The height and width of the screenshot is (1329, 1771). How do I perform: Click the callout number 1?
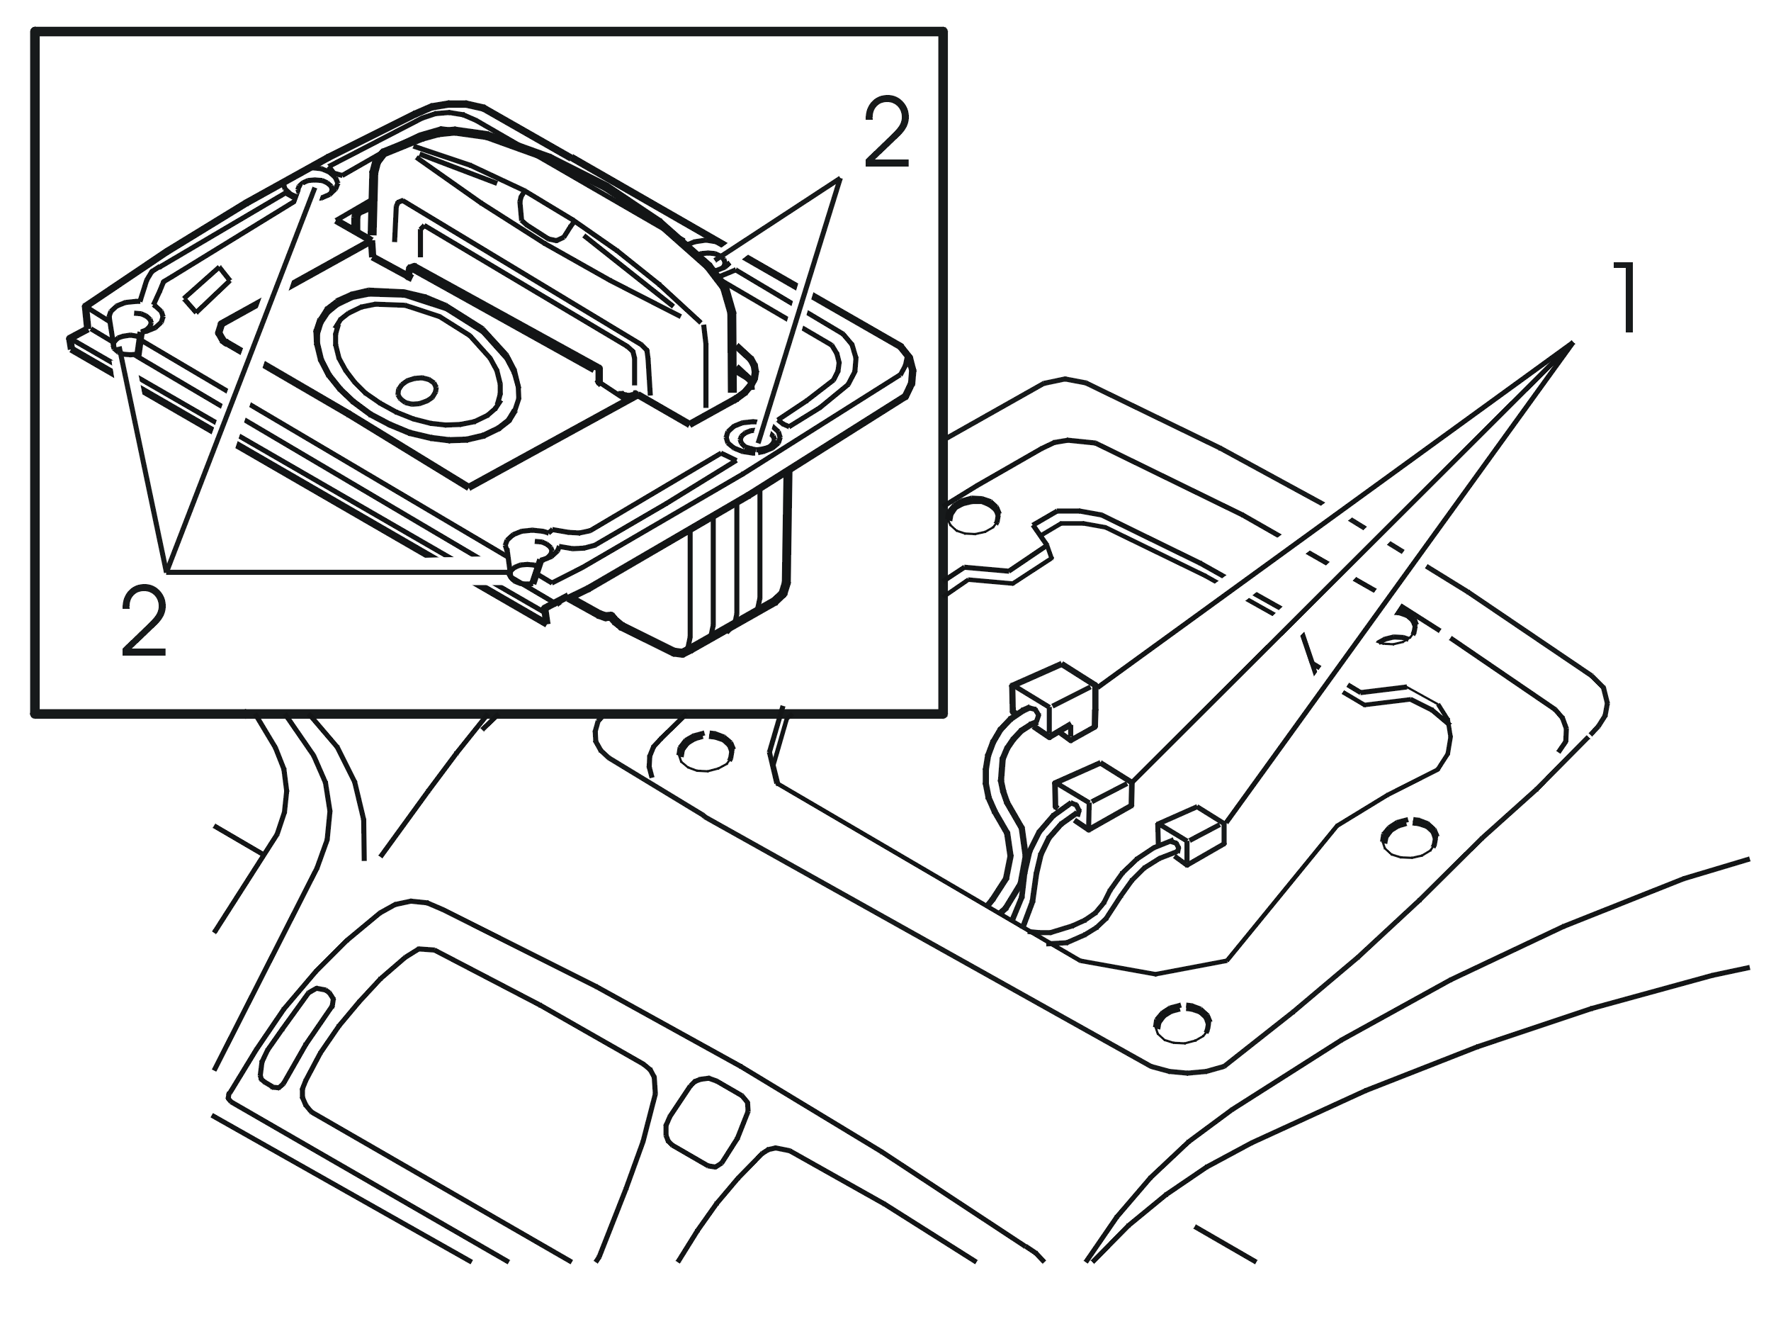coord(1616,298)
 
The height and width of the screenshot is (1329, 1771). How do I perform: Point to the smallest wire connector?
coord(1192,836)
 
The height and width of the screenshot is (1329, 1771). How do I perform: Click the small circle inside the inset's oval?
coord(417,391)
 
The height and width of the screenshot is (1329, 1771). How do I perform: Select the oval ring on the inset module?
coord(417,364)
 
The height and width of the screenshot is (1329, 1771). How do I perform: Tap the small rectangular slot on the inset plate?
coord(208,291)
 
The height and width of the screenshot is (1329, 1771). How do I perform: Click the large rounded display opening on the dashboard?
coord(479,1059)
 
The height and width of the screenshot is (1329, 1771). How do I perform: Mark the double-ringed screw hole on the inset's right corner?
coord(754,437)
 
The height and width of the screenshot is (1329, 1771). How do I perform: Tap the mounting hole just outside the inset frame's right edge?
coord(973,516)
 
